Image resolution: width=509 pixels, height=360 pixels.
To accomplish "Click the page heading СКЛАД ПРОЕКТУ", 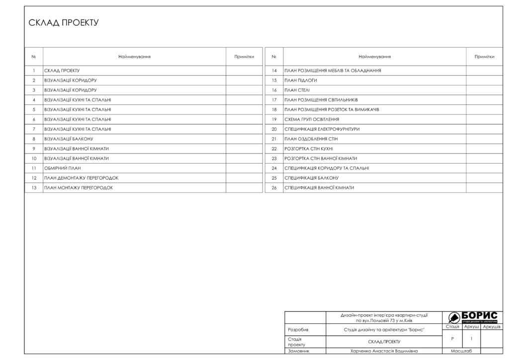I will point(64,23).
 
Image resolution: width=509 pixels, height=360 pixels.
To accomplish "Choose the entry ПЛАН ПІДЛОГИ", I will point(301,80).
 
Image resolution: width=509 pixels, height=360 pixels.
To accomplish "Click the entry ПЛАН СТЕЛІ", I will point(297,90).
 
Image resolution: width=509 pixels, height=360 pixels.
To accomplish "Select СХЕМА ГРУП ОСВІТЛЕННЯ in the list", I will point(312,119).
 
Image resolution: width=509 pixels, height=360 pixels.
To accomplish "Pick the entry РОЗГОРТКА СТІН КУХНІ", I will point(309,149).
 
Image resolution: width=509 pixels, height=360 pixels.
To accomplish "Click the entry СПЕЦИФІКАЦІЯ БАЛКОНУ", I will point(312,178).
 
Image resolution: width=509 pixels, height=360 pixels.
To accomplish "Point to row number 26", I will point(274,188).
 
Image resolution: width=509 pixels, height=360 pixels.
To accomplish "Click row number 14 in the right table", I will point(274,71).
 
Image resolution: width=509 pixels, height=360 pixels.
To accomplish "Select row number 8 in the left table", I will point(34,139).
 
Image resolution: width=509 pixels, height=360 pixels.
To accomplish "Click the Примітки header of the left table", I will point(244,57).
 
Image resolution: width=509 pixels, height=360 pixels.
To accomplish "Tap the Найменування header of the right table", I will point(374,57).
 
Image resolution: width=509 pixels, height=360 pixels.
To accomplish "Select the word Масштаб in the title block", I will point(461,351).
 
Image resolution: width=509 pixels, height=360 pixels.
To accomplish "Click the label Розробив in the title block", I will point(298,330).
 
